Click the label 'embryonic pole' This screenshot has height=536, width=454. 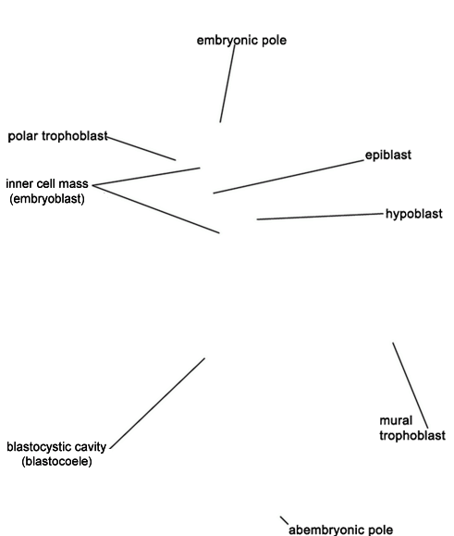241,41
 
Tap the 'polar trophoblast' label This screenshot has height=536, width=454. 57,136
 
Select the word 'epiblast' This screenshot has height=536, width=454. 388,156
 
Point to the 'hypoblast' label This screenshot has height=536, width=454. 413,214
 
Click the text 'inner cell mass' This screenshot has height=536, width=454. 47,184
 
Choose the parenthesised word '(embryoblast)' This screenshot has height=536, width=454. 47,199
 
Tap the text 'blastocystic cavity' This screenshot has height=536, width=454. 56,447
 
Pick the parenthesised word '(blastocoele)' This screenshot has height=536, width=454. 56,462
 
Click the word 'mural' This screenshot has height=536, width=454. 396,420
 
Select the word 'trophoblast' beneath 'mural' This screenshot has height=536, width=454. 412,435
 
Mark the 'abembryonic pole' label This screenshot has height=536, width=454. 340,530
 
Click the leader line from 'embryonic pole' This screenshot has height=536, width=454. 227,83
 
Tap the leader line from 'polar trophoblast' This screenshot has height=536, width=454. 141,148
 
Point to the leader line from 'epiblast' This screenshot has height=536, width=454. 288,177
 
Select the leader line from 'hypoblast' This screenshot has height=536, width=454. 320,217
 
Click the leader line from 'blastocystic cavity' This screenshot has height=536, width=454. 157,404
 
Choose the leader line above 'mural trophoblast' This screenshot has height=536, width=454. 410,385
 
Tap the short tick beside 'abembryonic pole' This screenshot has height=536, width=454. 285,520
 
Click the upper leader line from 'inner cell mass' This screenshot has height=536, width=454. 146,177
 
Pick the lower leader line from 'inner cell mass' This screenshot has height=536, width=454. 156,209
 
